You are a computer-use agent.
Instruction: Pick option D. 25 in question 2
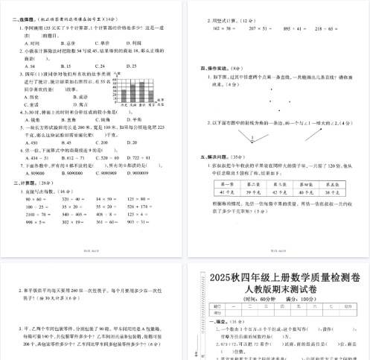coord(134,66)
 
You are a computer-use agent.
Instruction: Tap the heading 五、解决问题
coord(211,157)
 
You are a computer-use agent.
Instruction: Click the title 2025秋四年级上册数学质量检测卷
coord(280,277)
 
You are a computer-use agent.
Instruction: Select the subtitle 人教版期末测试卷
coord(280,290)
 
